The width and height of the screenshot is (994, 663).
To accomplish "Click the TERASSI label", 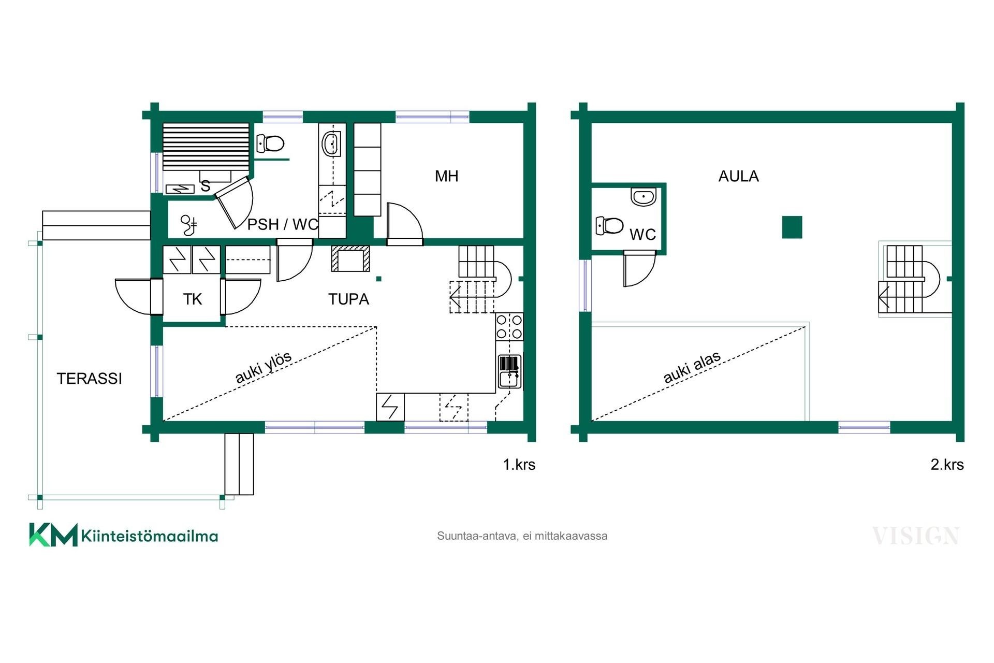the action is (x=89, y=379).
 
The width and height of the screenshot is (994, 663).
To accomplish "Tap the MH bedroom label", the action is (x=446, y=176).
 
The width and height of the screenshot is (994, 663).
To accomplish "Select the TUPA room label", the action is (x=348, y=299).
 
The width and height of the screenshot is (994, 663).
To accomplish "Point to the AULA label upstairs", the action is (x=738, y=176).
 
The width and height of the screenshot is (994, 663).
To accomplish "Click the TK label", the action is (x=192, y=299).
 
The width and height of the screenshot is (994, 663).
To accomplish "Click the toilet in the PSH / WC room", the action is (x=271, y=143).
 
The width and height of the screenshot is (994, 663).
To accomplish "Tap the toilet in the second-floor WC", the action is (x=609, y=225).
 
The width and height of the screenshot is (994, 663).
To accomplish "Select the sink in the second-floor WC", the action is (x=644, y=197).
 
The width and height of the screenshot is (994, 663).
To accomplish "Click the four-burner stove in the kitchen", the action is (x=509, y=326).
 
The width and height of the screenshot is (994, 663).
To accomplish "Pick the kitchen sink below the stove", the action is (x=509, y=371).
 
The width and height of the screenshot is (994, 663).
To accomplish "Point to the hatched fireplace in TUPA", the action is (x=351, y=258).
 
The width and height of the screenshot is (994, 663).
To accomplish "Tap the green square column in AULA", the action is (x=792, y=227).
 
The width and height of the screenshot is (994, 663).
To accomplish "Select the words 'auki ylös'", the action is (x=264, y=367).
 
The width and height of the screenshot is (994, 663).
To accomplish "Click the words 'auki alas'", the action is (x=692, y=367).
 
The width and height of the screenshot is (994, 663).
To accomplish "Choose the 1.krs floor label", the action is (x=519, y=464).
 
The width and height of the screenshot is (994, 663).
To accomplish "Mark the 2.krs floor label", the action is (x=947, y=464).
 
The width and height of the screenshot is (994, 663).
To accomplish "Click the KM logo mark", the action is (x=53, y=535).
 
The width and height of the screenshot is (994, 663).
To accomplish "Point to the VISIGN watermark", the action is (x=915, y=536).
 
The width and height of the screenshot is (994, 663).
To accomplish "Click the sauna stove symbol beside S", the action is (x=180, y=190).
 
